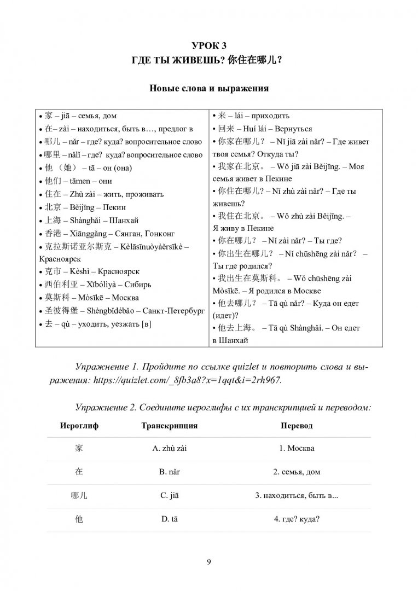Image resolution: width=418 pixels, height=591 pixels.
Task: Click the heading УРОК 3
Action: click(208, 45)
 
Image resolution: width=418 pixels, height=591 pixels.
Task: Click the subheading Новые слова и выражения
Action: click(208, 87)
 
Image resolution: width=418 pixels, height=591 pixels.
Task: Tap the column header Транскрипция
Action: click(169, 425)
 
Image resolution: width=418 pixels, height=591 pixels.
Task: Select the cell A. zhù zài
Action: click(170, 449)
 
